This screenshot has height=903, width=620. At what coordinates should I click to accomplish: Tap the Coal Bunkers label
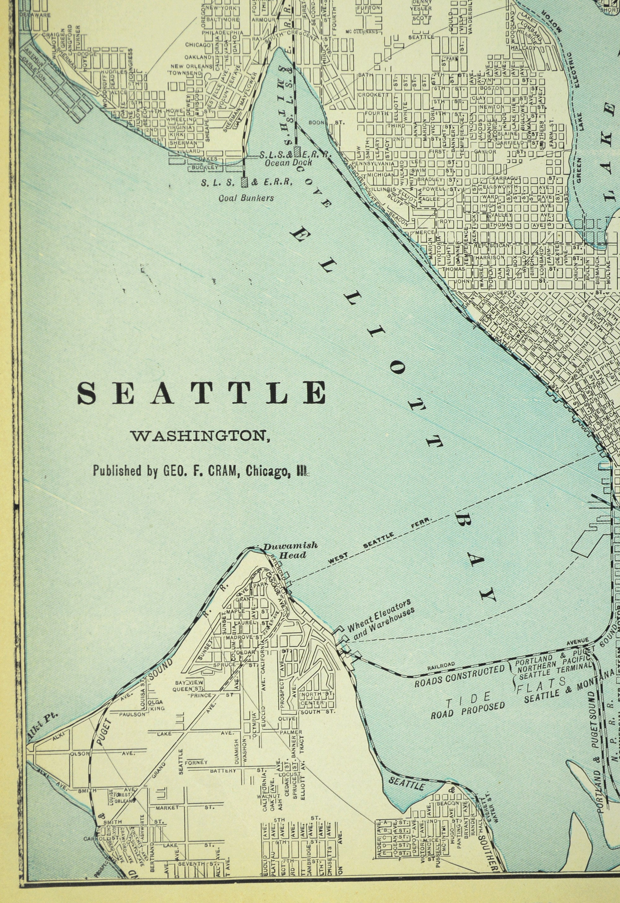246,198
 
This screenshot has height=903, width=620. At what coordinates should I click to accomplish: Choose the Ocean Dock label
288,162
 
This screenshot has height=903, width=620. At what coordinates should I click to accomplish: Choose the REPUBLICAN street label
493,246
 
